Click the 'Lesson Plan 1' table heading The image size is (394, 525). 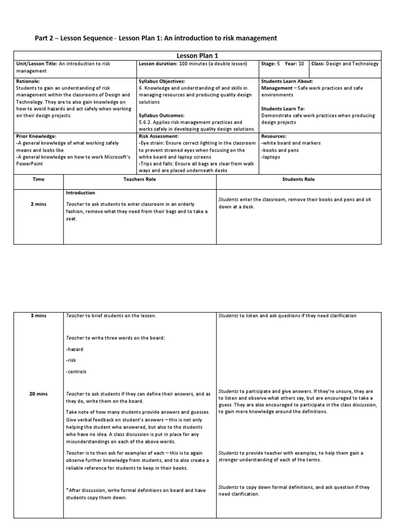coord(197,55)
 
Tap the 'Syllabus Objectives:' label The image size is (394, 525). coord(162,82)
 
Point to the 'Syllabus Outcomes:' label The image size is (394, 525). coord(161,115)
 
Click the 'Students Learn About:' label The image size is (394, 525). coord(287,82)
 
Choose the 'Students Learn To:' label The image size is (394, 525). coord(283,109)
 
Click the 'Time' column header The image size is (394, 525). coord(38,179)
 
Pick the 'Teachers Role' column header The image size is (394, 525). coord(139,179)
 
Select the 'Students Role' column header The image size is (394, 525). coord(299,179)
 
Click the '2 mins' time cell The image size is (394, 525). coord(38,204)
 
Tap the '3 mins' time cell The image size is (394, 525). coord(38,315)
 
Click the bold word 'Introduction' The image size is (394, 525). coord(81,193)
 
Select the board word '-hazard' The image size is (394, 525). coord(75,349)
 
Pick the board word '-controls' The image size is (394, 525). coord(76,371)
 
